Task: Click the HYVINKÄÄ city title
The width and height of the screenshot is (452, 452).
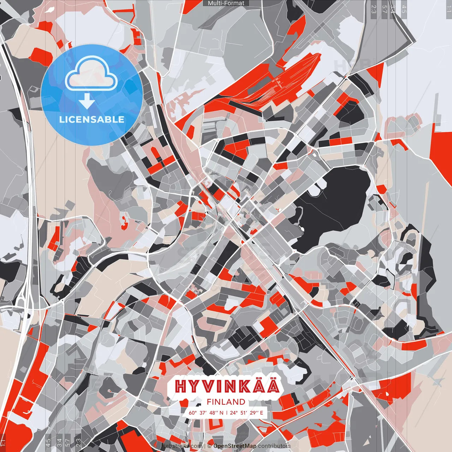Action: click(227, 386)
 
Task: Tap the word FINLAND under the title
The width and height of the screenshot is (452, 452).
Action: click(226, 402)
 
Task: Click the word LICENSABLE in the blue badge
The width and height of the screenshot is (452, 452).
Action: click(92, 119)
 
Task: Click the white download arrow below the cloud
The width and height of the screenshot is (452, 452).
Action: click(87, 101)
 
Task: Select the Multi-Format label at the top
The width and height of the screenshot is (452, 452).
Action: click(226, 3)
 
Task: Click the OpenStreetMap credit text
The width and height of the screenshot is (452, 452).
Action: click(234, 446)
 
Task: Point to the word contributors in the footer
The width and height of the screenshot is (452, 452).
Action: click(274, 446)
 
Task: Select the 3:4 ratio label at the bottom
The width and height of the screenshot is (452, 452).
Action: click(59, 442)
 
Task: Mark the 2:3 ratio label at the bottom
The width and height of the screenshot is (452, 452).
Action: click(78, 442)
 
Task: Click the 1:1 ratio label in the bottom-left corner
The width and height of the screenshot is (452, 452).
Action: click(3, 442)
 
